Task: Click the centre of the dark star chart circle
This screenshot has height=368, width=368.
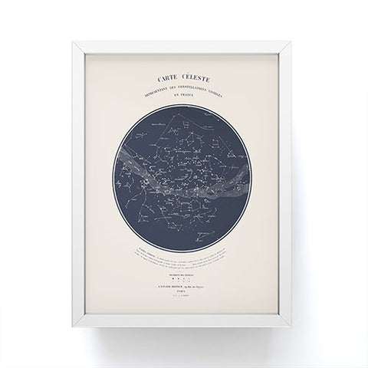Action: tap(184, 179)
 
